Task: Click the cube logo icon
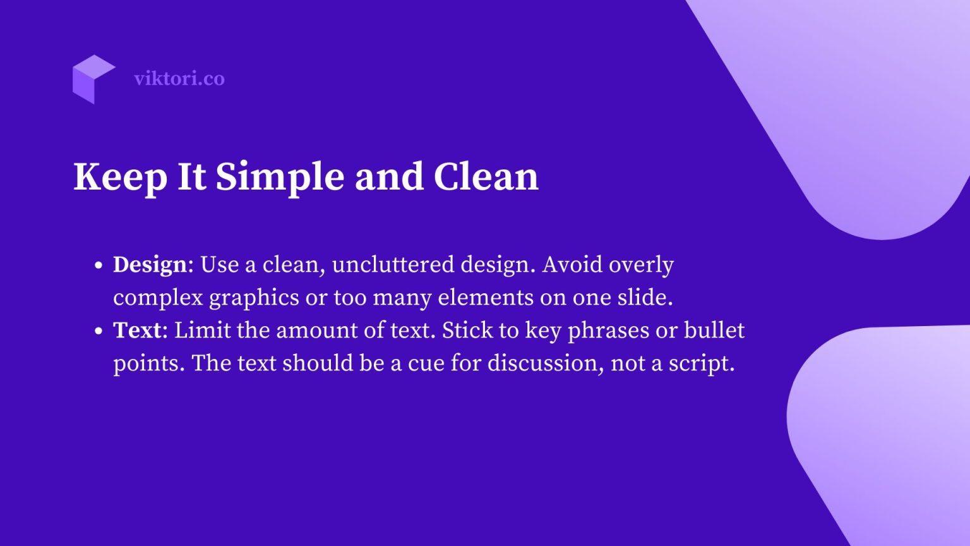coord(93,79)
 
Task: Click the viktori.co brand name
coord(179,78)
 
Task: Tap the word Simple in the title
coord(279,177)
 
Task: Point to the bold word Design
coord(150,264)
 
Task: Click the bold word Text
coord(137,330)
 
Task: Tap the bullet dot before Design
coord(98,265)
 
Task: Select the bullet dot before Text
coord(98,331)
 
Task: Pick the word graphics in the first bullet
coord(254,298)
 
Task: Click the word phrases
coord(609,331)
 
